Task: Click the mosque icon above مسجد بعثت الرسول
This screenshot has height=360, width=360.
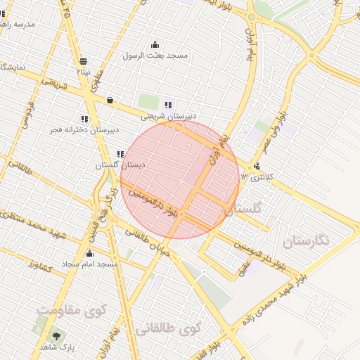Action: [x=155, y=45]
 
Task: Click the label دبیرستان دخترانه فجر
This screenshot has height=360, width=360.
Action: [x=84, y=130]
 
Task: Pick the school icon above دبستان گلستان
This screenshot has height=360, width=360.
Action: [x=121, y=153]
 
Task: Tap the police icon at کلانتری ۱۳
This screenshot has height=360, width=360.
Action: [x=257, y=167]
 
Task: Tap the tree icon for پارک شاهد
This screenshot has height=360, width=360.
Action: [x=56, y=336]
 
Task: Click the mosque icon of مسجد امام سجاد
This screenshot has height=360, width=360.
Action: [x=89, y=254]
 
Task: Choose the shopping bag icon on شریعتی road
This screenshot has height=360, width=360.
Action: [x=110, y=101]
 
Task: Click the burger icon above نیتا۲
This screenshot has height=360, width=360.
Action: [x=84, y=61]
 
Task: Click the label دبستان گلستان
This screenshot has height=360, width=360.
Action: [x=120, y=165]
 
